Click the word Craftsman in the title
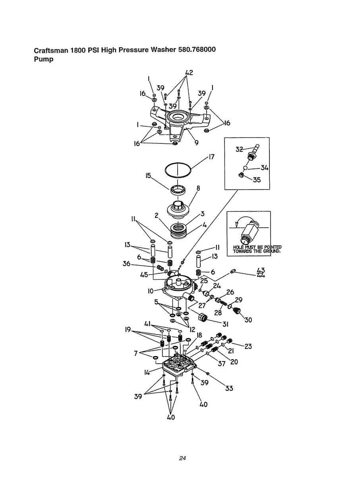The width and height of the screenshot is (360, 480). (x=51, y=50)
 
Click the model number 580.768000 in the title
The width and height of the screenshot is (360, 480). (x=197, y=50)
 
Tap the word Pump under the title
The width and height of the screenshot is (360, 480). (x=44, y=60)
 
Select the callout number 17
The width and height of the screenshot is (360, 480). (x=211, y=157)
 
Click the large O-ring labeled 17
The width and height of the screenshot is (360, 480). (x=178, y=170)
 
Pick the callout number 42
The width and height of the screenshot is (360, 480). (x=189, y=73)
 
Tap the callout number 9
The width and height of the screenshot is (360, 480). (x=197, y=143)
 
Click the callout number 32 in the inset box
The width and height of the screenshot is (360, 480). (x=239, y=149)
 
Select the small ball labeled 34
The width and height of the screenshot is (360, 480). (x=246, y=168)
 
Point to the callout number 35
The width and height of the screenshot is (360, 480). (x=257, y=180)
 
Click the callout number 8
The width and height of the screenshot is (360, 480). (x=198, y=188)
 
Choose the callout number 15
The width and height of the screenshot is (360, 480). (x=149, y=176)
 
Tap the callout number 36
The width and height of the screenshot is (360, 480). (x=126, y=264)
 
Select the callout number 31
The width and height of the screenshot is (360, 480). (x=226, y=324)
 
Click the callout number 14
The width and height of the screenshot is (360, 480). (x=147, y=372)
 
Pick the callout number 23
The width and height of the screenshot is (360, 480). (x=248, y=346)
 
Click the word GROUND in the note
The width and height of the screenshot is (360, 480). (x=272, y=251)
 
